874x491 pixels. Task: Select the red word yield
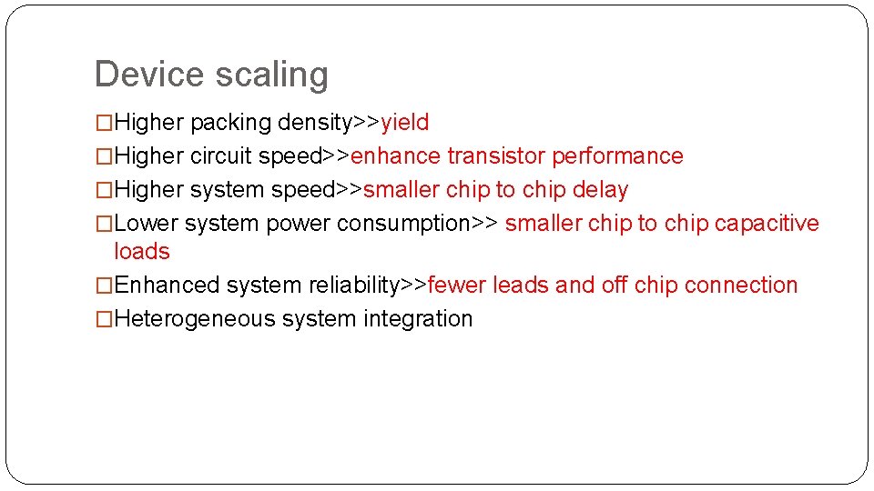click(x=405, y=123)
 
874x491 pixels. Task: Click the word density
click(x=314, y=122)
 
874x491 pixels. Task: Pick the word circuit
click(x=221, y=156)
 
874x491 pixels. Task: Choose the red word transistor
click(x=496, y=156)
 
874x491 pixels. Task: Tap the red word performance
click(x=618, y=156)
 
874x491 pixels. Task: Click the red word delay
click(x=601, y=190)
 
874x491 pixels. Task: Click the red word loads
click(x=142, y=252)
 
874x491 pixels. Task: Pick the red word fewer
click(x=457, y=286)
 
